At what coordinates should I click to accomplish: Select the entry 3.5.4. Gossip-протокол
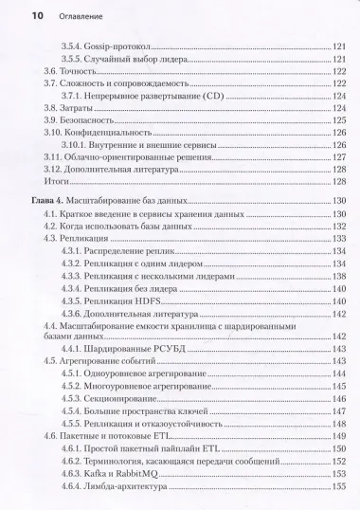coord(106,46)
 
